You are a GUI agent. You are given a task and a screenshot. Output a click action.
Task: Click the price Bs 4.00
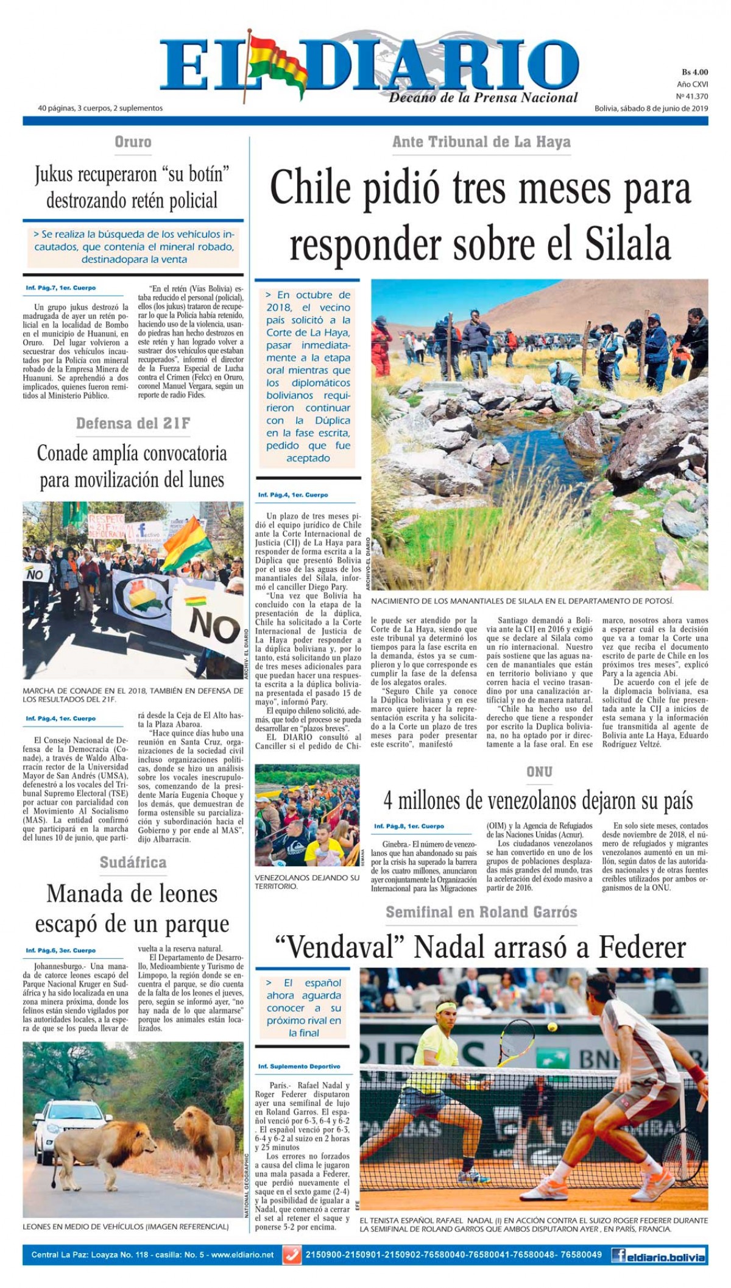[694, 72]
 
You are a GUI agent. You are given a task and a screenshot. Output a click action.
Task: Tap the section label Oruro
[133, 142]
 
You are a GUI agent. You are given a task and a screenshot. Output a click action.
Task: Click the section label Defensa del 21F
[133, 423]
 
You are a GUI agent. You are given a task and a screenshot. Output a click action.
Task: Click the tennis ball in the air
[553, 1026]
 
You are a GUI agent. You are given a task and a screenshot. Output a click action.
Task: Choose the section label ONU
[539, 772]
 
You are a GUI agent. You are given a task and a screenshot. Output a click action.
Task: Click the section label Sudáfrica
[133, 862]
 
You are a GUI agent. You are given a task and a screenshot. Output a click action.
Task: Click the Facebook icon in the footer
[620, 1256]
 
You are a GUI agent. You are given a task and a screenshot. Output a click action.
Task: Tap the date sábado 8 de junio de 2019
[651, 109]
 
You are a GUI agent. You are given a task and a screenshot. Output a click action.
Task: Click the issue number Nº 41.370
[692, 96]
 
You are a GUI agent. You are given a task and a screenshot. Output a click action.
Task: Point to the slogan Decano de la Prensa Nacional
[483, 98]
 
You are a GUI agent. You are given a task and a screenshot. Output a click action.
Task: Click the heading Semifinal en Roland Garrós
[481, 912]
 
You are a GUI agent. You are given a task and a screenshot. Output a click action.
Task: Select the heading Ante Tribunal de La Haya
[481, 142]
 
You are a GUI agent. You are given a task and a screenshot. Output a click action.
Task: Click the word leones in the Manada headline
[177, 894]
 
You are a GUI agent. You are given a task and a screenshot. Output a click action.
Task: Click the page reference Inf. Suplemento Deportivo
[299, 1067]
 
